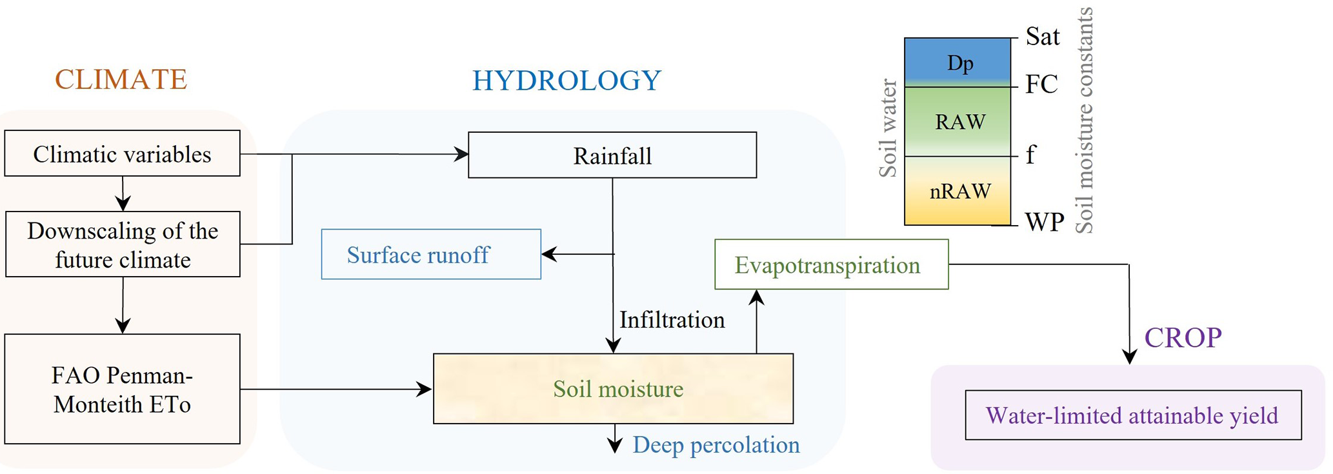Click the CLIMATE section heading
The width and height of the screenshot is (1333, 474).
pos(121,80)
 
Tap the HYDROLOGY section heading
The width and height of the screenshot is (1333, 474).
pos(566,81)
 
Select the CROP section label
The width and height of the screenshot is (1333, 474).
pos(1183,337)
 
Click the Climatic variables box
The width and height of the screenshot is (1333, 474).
pos(122,154)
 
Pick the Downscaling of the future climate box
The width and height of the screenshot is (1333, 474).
pos(123,245)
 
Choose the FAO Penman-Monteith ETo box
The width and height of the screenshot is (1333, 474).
pos(122,390)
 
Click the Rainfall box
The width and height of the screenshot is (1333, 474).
pos(612,155)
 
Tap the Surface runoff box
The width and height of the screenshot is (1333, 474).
pos(431,255)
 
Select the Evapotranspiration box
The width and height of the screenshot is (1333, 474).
pos(831,265)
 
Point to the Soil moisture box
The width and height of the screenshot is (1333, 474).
pos(613,389)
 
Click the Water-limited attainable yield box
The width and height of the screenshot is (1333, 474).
pos(1132,415)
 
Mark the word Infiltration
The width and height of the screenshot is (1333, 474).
pos(672,320)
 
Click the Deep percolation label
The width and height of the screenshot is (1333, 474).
pos(716,445)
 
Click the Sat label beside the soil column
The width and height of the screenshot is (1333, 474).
pos(1042,37)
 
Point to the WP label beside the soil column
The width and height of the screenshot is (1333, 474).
pos(1044,222)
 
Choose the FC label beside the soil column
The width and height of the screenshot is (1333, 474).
pos(1041,84)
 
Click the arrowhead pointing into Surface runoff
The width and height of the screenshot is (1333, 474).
pos(548,254)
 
